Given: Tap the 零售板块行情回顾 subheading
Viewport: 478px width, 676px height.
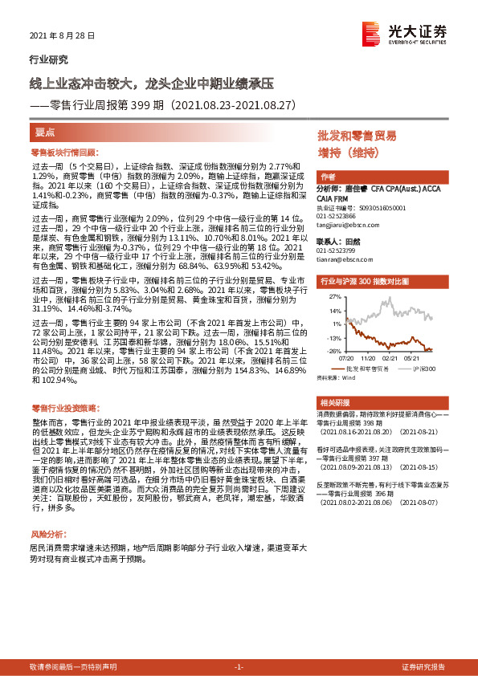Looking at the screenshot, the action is coord(63,151).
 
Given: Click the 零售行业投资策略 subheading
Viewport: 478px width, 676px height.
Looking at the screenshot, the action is coord(63,408).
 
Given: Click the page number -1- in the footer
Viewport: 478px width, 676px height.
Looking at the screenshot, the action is coord(238,667).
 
